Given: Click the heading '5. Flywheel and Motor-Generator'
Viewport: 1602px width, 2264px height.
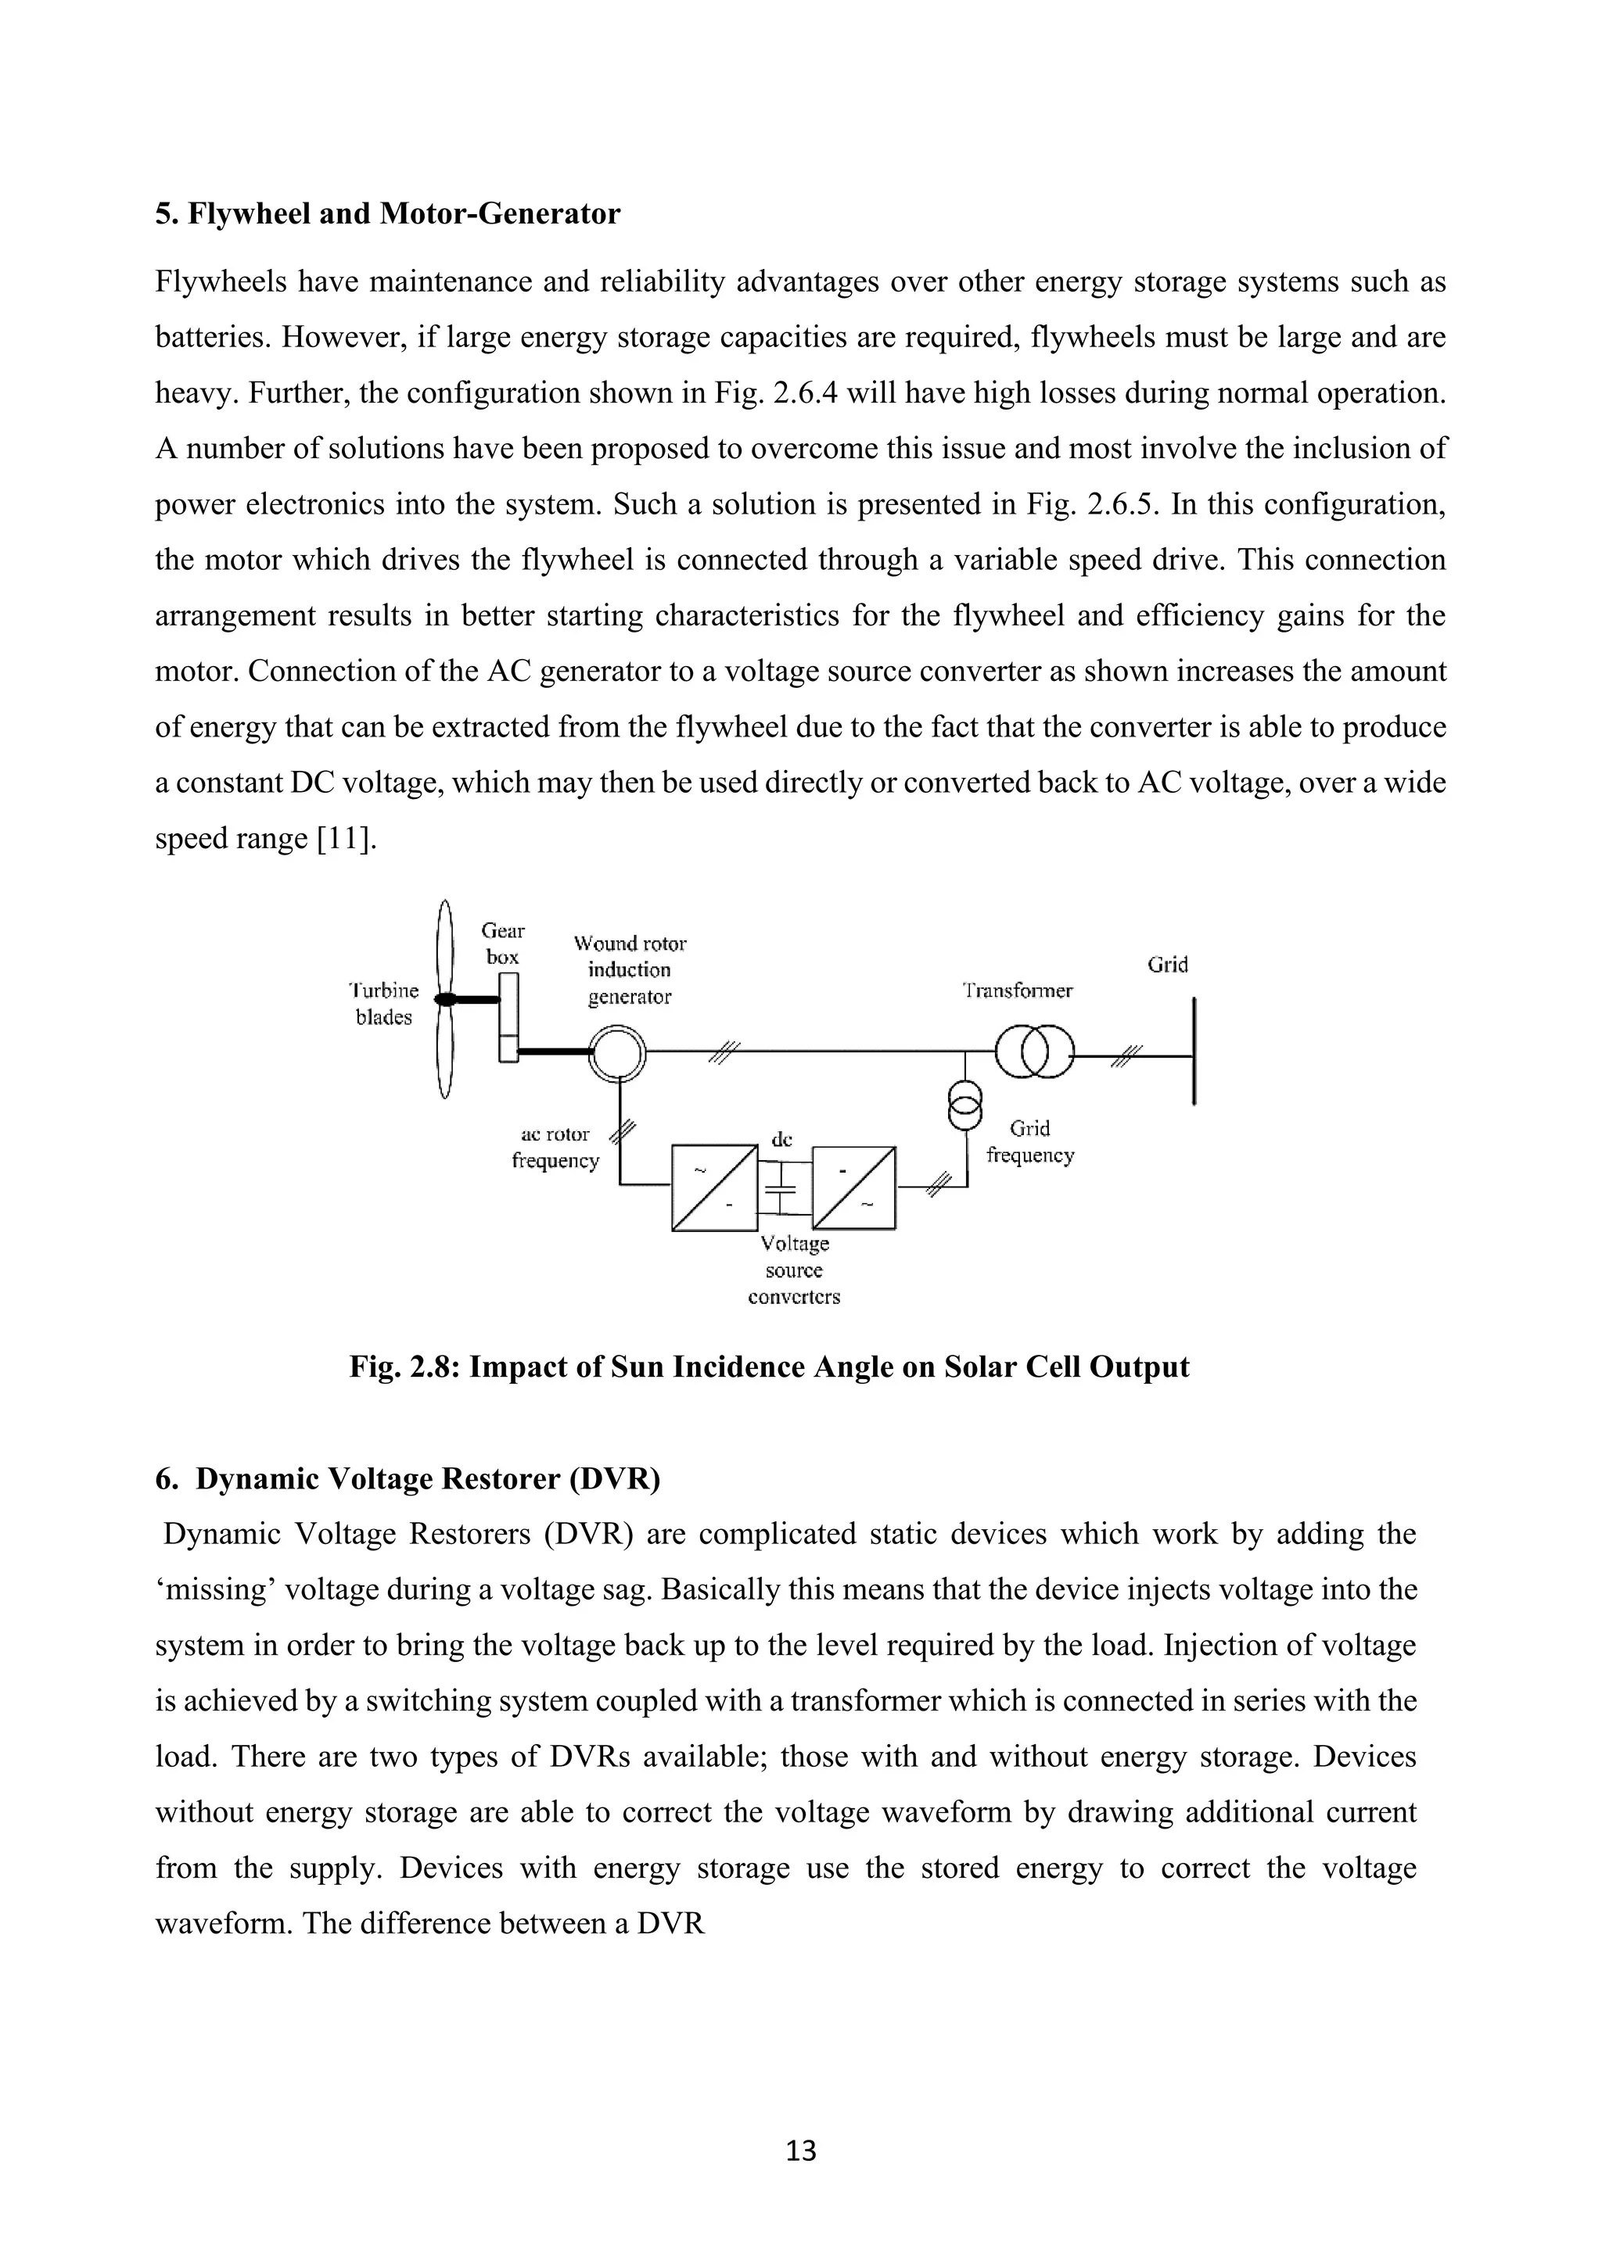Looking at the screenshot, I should click(x=388, y=214).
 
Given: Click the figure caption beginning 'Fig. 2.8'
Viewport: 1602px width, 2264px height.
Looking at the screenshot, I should click(x=770, y=1367).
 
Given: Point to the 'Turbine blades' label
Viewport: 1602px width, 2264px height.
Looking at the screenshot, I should click(x=385, y=1004).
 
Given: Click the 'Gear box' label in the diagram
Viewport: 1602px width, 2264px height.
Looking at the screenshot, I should click(x=503, y=944).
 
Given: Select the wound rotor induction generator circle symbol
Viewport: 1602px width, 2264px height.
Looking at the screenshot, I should click(x=617, y=1054).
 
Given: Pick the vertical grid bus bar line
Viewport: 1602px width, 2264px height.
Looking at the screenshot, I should click(x=1194, y=1051).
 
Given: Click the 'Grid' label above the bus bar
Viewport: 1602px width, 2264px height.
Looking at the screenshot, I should click(x=1167, y=965).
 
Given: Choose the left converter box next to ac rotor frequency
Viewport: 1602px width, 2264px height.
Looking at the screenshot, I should click(x=714, y=1188).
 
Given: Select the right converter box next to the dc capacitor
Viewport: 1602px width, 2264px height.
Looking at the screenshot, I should click(x=854, y=1188).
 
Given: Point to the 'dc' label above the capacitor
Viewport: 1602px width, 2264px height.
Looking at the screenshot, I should click(x=781, y=1140).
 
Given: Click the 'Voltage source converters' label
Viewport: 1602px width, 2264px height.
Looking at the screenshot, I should click(x=794, y=1271).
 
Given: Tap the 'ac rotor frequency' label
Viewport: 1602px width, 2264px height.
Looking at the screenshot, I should click(x=555, y=1148).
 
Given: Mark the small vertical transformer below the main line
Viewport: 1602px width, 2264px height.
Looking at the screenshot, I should click(x=966, y=1105).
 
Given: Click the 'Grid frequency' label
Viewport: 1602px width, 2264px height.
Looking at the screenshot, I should click(x=1030, y=1142).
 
